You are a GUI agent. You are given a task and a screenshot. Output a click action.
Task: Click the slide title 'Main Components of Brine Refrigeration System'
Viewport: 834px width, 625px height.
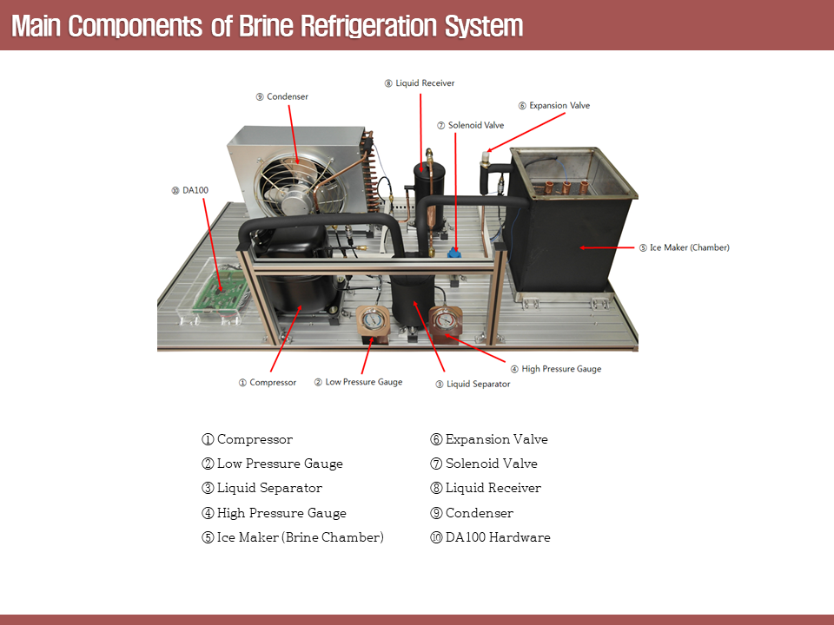(x=268, y=26)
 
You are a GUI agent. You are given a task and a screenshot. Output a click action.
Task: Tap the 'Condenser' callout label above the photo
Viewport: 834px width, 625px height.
(x=282, y=97)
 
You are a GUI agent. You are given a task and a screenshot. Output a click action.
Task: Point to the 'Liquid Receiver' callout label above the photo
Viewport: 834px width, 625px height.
(x=420, y=83)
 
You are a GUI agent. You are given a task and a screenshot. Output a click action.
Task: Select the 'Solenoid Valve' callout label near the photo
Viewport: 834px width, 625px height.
(x=470, y=126)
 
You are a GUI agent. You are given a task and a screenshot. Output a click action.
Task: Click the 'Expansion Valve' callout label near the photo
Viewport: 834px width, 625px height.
(x=553, y=106)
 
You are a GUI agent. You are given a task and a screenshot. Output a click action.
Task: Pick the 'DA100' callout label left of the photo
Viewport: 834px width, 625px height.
(x=190, y=190)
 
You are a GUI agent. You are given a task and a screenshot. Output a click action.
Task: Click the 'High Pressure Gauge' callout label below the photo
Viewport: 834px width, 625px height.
(x=555, y=369)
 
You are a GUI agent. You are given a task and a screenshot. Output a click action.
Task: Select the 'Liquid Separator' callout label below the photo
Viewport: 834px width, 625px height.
(x=473, y=384)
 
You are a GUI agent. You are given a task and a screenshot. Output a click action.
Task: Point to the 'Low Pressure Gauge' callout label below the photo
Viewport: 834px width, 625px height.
(x=358, y=382)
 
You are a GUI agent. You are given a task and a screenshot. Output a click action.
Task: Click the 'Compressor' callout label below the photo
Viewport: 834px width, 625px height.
(x=268, y=383)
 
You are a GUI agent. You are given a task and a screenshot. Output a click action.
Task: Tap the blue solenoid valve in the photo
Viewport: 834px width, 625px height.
(x=453, y=252)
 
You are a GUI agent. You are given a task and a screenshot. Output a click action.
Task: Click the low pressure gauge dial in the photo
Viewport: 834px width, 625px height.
(x=372, y=319)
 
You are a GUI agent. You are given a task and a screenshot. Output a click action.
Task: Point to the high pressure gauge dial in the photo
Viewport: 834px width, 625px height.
(x=447, y=321)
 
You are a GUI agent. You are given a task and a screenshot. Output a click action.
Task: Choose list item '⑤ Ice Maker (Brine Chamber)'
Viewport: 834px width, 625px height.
(x=293, y=537)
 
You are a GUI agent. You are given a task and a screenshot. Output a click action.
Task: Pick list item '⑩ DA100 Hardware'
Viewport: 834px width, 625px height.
(x=490, y=537)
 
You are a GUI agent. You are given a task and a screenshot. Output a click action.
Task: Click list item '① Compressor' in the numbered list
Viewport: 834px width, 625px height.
(x=248, y=439)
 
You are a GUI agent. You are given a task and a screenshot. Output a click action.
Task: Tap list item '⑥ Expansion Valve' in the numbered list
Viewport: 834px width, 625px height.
(x=489, y=439)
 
